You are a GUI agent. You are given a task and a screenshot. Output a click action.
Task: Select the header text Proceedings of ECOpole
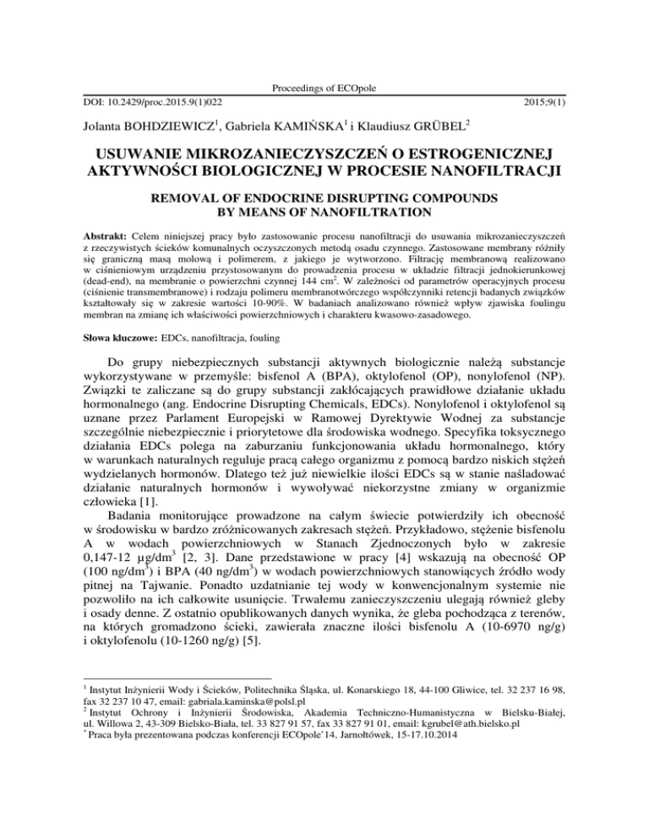(x=324, y=88)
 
